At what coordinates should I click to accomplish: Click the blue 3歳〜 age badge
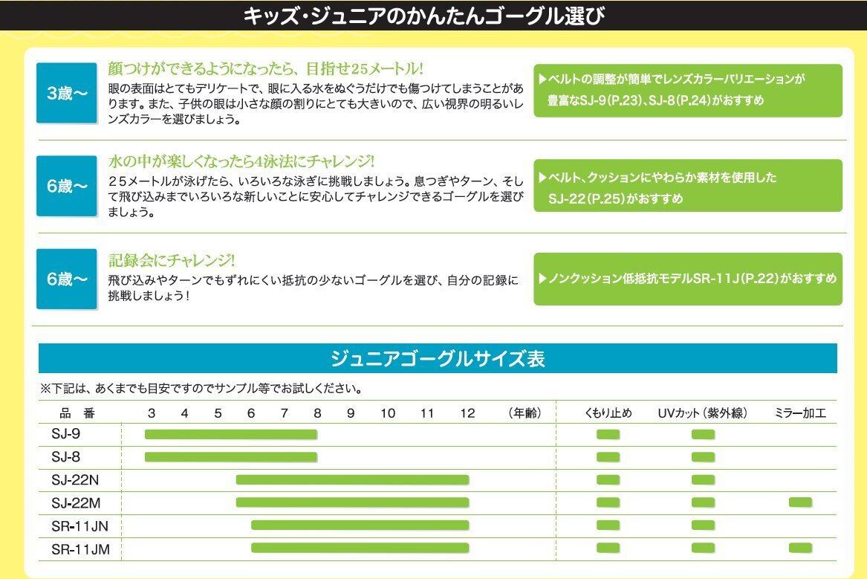67,93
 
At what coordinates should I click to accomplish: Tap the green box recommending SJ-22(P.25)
688,186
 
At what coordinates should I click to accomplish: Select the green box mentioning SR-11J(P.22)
688,279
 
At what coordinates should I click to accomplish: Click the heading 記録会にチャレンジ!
172,260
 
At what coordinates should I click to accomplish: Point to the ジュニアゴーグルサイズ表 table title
438,359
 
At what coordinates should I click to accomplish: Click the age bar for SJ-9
231,435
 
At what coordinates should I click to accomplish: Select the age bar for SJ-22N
352,479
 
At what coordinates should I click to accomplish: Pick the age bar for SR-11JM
360,548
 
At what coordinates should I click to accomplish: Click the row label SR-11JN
80,525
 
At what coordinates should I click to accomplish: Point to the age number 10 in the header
388,413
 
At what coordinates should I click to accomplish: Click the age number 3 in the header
152,413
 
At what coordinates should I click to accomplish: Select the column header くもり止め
608,413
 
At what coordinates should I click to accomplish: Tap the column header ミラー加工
800,413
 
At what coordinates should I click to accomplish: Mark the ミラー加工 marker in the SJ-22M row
800,502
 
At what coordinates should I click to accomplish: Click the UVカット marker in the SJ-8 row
703,456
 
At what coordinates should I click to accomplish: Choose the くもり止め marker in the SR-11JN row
608,525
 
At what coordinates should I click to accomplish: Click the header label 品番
77,413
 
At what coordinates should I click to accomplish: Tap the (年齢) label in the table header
525,413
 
